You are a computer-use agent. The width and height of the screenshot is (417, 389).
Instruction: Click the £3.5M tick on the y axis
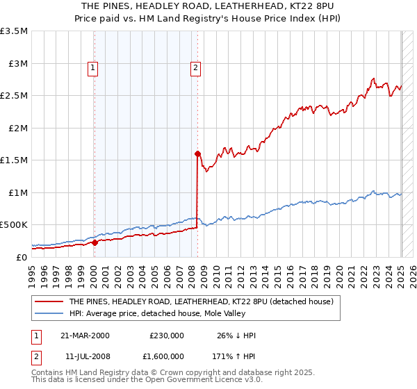click(x=14, y=31)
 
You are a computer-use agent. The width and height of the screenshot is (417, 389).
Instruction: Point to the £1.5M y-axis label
click(x=14, y=160)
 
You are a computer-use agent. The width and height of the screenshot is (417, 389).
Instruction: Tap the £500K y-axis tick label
click(x=14, y=225)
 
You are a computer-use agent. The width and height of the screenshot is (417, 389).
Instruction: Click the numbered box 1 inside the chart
click(x=93, y=68)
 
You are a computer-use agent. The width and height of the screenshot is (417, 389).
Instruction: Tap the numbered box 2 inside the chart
click(x=196, y=68)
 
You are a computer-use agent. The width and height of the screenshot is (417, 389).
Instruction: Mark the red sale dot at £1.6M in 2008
click(x=197, y=154)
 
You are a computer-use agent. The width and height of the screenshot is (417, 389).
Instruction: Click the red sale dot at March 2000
click(x=95, y=242)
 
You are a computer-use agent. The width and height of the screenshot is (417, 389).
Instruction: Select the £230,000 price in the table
click(x=167, y=336)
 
